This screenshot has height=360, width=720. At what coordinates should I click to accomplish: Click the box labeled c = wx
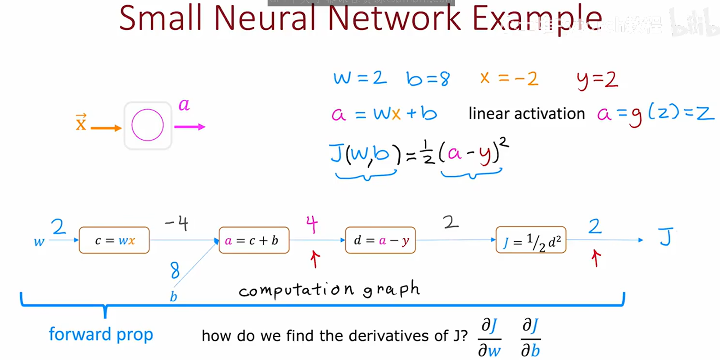click(114, 240)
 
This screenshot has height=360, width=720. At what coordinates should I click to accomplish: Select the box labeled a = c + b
click(254, 240)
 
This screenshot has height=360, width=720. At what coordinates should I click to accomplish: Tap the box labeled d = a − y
click(380, 240)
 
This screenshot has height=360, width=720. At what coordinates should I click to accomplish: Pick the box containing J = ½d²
click(531, 240)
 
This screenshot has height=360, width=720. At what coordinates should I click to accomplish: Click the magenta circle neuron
click(148, 125)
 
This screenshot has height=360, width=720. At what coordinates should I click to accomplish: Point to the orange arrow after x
click(106, 128)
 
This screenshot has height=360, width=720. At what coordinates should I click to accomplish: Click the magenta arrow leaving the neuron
click(190, 127)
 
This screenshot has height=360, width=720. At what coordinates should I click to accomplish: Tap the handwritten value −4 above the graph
click(177, 223)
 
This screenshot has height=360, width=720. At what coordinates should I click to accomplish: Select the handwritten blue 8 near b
click(175, 270)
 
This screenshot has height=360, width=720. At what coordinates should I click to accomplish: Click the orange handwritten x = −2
click(509, 79)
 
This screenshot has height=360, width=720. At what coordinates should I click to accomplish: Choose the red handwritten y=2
click(597, 80)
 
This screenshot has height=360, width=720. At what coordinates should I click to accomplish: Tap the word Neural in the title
click(264, 18)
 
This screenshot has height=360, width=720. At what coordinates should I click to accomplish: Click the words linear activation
click(526, 114)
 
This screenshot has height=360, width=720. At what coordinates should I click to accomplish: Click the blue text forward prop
click(101, 335)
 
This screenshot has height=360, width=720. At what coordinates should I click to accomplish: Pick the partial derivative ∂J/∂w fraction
click(489, 338)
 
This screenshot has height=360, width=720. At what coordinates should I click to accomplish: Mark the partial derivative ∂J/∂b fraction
click(530, 338)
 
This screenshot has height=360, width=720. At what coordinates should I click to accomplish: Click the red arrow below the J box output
click(595, 258)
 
